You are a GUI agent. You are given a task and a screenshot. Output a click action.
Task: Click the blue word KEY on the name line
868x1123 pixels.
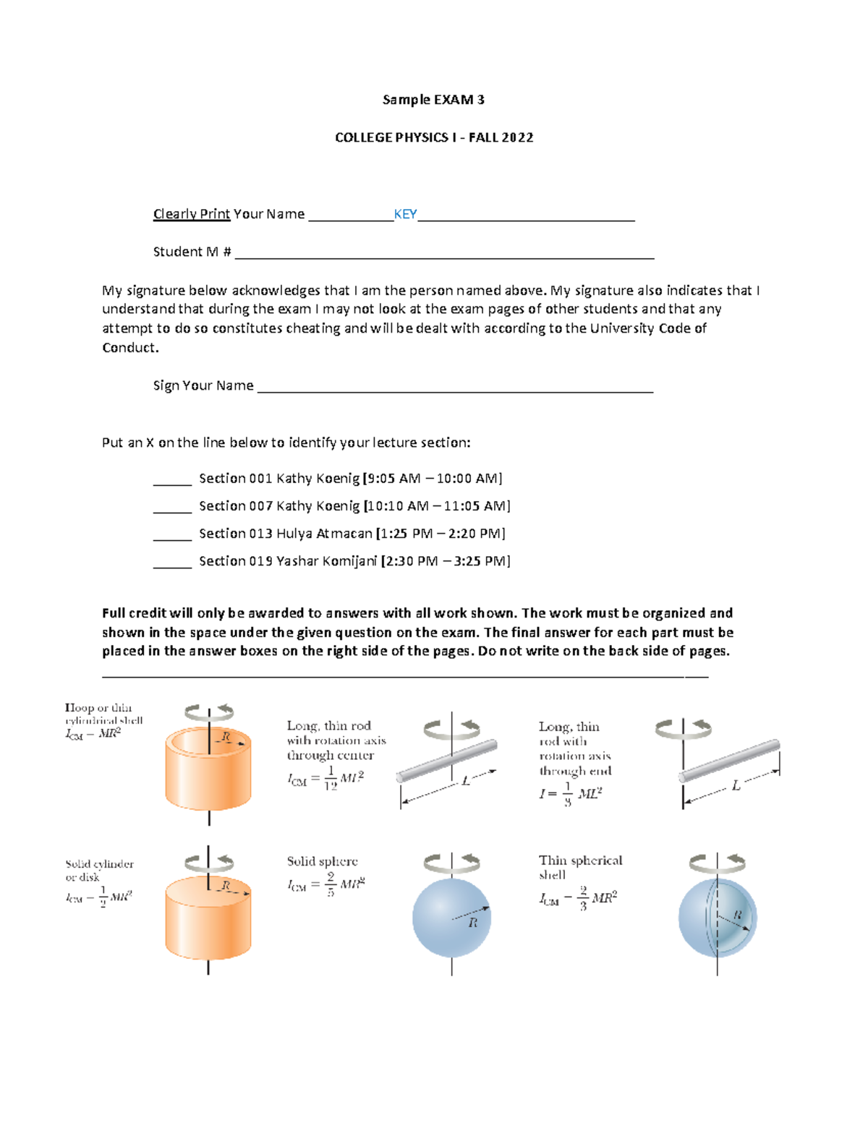(x=405, y=214)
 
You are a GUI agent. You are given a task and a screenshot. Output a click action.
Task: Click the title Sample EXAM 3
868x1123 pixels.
(x=433, y=100)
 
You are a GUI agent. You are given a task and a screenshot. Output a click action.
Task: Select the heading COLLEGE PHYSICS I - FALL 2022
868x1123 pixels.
(x=434, y=137)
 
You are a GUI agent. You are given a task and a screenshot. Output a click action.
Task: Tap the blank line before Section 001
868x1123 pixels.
(x=172, y=483)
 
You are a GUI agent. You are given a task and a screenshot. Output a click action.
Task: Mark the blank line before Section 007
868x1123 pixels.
(x=172, y=511)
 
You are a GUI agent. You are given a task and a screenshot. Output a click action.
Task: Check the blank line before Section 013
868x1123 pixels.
(x=172, y=538)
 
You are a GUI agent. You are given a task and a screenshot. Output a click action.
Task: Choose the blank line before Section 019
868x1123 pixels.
(x=172, y=565)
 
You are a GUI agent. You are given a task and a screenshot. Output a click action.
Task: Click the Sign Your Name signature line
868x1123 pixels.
(x=455, y=390)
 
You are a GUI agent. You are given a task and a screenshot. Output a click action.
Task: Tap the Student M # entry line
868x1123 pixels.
(x=444, y=257)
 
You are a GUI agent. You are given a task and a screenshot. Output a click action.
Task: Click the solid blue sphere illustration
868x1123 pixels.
(x=451, y=918)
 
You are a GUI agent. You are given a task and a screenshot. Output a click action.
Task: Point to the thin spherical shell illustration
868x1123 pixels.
(x=718, y=918)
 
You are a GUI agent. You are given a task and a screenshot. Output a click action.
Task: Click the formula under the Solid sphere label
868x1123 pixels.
(x=326, y=884)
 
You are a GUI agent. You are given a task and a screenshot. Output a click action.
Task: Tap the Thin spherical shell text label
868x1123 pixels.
(x=579, y=867)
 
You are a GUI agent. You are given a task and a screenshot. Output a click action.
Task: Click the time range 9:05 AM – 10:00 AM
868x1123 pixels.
(x=433, y=479)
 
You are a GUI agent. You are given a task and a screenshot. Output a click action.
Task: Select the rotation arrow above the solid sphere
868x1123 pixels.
(x=451, y=862)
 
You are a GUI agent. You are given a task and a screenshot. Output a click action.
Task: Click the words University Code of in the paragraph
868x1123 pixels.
(x=648, y=328)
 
